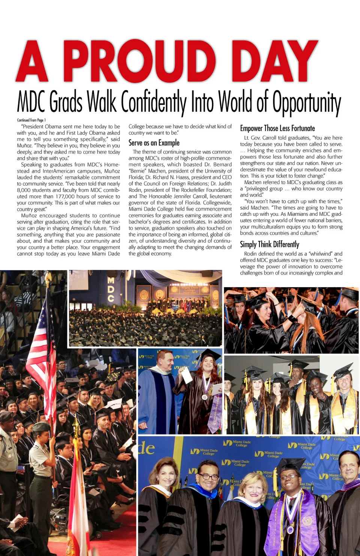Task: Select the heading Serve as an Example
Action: pyautogui.click(x=154, y=143)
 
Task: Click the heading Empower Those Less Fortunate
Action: pyautogui.click(x=277, y=128)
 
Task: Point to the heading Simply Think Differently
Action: pyautogui.click(x=269, y=244)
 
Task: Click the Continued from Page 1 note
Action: pyautogui.click(x=31, y=120)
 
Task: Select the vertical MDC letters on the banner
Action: pyautogui.click(x=111, y=289)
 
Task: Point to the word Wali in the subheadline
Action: pyautogui.click(x=102, y=102)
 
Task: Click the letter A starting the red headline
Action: pyautogui.click(x=33, y=62)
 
